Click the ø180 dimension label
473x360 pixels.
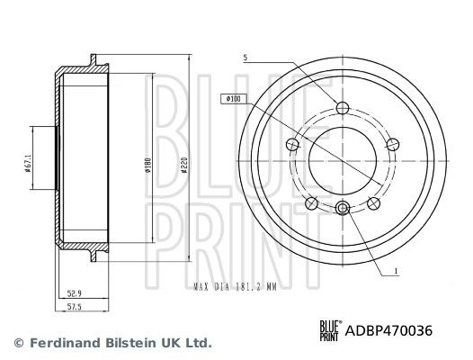(x=148, y=166)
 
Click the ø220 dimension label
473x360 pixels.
(x=184, y=165)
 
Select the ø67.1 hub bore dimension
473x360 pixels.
(x=28, y=164)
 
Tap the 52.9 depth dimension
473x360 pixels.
(x=75, y=293)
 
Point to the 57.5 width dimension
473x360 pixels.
(x=75, y=307)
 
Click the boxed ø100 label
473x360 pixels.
(x=234, y=99)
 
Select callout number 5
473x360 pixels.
(x=245, y=58)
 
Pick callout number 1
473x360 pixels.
(x=396, y=271)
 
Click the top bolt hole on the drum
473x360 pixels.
(x=343, y=107)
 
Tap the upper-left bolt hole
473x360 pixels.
(x=292, y=144)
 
